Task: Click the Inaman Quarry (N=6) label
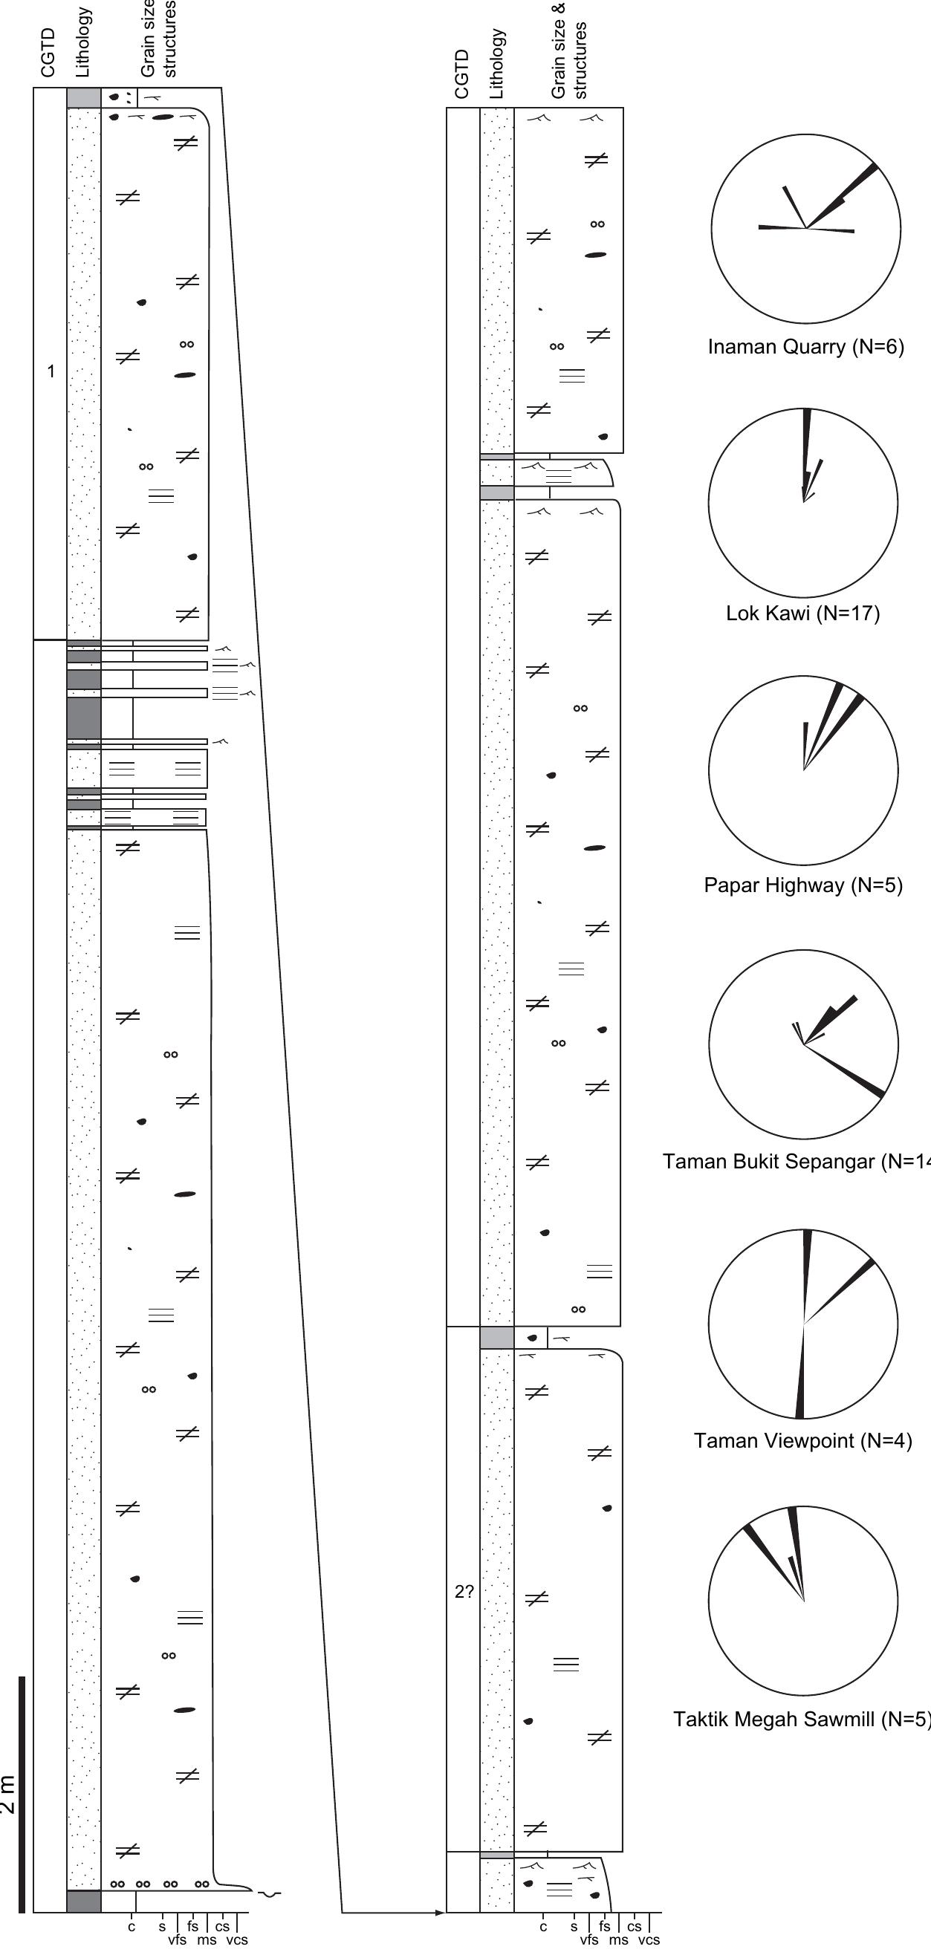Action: coord(805,347)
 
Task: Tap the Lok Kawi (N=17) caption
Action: coord(802,614)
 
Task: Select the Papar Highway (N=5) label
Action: coord(802,885)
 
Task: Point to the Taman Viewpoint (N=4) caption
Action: coord(802,1440)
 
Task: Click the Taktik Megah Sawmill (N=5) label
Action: coord(801,1719)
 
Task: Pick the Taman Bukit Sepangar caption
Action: coord(790,1161)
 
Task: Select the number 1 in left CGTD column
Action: coord(51,372)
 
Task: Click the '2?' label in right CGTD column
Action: coord(464,1593)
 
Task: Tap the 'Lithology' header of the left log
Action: coord(83,42)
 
